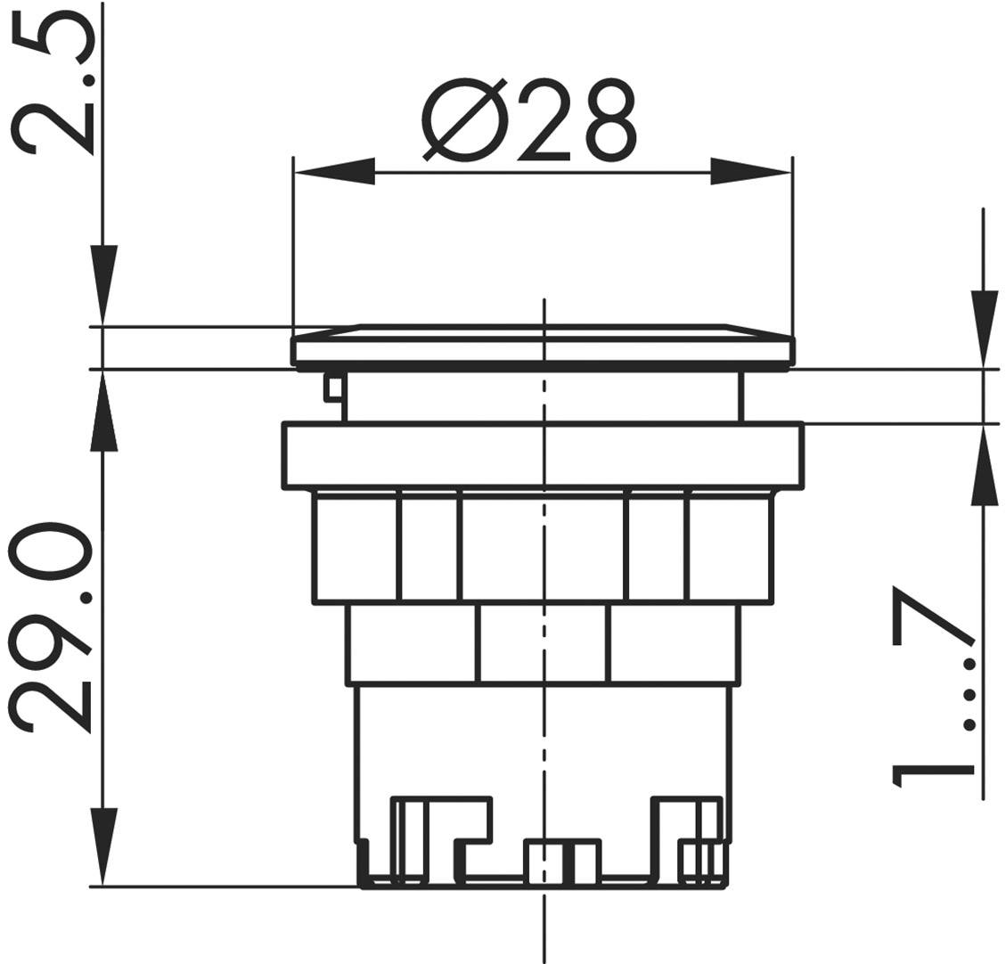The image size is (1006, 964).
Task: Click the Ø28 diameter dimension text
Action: pyautogui.click(x=529, y=121)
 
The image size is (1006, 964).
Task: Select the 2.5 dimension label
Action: pyautogui.click(x=55, y=87)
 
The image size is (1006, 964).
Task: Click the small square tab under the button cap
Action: pyautogui.click(x=333, y=387)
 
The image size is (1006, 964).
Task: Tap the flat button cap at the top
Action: pyautogui.click(x=542, y=346)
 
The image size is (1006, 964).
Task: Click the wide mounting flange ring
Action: pyautogui.click(x=542, y=455)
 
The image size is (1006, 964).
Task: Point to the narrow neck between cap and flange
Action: pyautogui.click(x=542, y=396)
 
